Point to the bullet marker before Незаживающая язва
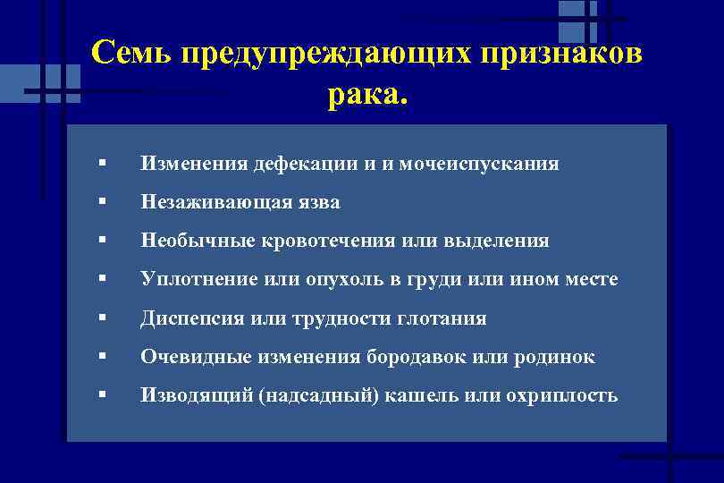(105, 202)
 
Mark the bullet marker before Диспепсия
(105, 318)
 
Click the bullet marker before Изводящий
(105, 395)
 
